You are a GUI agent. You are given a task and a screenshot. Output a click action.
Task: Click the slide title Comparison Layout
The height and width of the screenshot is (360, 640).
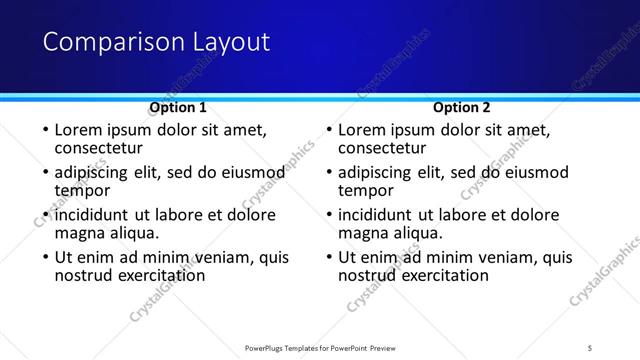click(157, 42)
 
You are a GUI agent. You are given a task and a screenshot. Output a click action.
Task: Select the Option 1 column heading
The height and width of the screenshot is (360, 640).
click(178, 107)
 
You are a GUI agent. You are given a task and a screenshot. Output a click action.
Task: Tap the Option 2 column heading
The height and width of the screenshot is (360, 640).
click(462, 107)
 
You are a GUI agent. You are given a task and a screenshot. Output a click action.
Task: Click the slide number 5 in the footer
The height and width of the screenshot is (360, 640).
click(590, 347)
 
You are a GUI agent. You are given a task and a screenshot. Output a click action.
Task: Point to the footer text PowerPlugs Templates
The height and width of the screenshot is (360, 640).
click(290, 347)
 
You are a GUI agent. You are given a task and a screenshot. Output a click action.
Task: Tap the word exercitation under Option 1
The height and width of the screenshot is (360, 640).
click(151, 275)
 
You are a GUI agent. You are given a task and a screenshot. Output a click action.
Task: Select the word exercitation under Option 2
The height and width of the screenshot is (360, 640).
click(435, 275)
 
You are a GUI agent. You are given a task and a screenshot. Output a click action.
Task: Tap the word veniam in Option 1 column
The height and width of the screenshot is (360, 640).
click(223, 257)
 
